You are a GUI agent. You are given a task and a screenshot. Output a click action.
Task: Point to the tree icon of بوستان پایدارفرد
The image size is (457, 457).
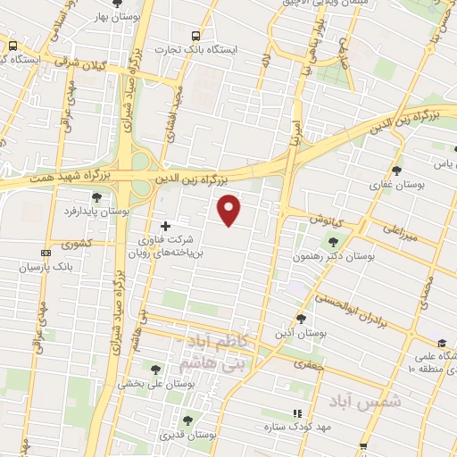click(x=96, y=197)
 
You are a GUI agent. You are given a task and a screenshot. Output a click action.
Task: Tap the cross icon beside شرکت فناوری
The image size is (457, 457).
click(x=164, y=226)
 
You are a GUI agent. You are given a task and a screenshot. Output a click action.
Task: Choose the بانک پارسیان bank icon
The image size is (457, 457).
click(x=46, y=253)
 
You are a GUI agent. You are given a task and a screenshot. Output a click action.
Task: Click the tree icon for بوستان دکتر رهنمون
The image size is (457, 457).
click(x=333, y=241)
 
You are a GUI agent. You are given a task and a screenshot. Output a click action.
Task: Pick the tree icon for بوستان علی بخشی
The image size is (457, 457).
click(x=155, y=370)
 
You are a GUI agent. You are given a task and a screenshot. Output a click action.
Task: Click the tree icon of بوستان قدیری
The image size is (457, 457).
click(x=187, y=420)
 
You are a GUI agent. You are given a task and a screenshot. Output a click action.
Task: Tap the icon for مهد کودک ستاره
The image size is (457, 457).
click(x=297, y=413)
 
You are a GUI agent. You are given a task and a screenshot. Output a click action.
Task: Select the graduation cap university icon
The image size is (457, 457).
click(x=441, y=344)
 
